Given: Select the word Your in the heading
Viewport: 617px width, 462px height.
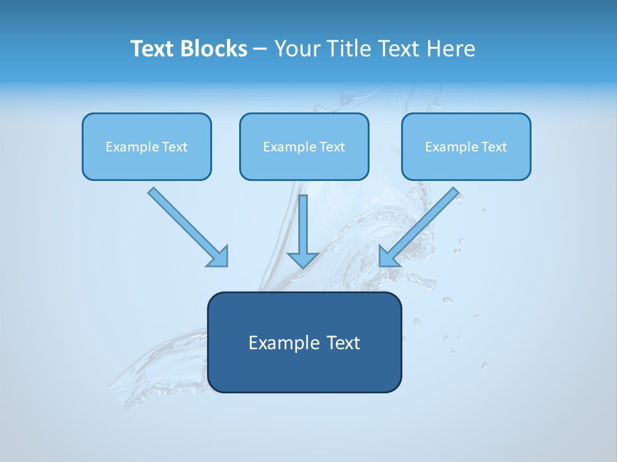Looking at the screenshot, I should click(297, 49).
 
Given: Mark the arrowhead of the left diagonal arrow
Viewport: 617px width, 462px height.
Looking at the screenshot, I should click(219, 257).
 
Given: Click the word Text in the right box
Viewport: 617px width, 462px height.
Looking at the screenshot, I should click(493, 147).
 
